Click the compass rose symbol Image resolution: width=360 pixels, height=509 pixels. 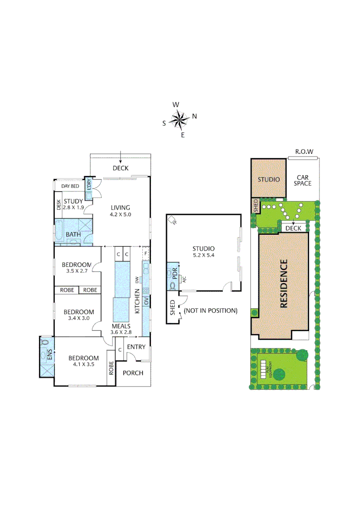(x=179, y=120)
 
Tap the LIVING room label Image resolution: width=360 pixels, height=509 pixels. (x=120, y=211)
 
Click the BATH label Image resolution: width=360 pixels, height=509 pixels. (x=73, y=234)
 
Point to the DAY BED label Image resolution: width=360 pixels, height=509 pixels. (x=70, y=187)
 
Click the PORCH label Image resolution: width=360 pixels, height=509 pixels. (x=133, y=373)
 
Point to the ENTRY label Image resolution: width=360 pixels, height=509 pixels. (x=137, y=347)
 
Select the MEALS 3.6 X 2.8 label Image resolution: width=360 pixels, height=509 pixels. (x=121, y=328)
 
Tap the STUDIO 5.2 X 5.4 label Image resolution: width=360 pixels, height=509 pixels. (x=204, y=252)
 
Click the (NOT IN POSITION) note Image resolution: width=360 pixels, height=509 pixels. (x=210, y=311)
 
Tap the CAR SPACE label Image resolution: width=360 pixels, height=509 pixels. (x=303, y=181)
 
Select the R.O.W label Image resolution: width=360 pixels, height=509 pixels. (x=304, y=152)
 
